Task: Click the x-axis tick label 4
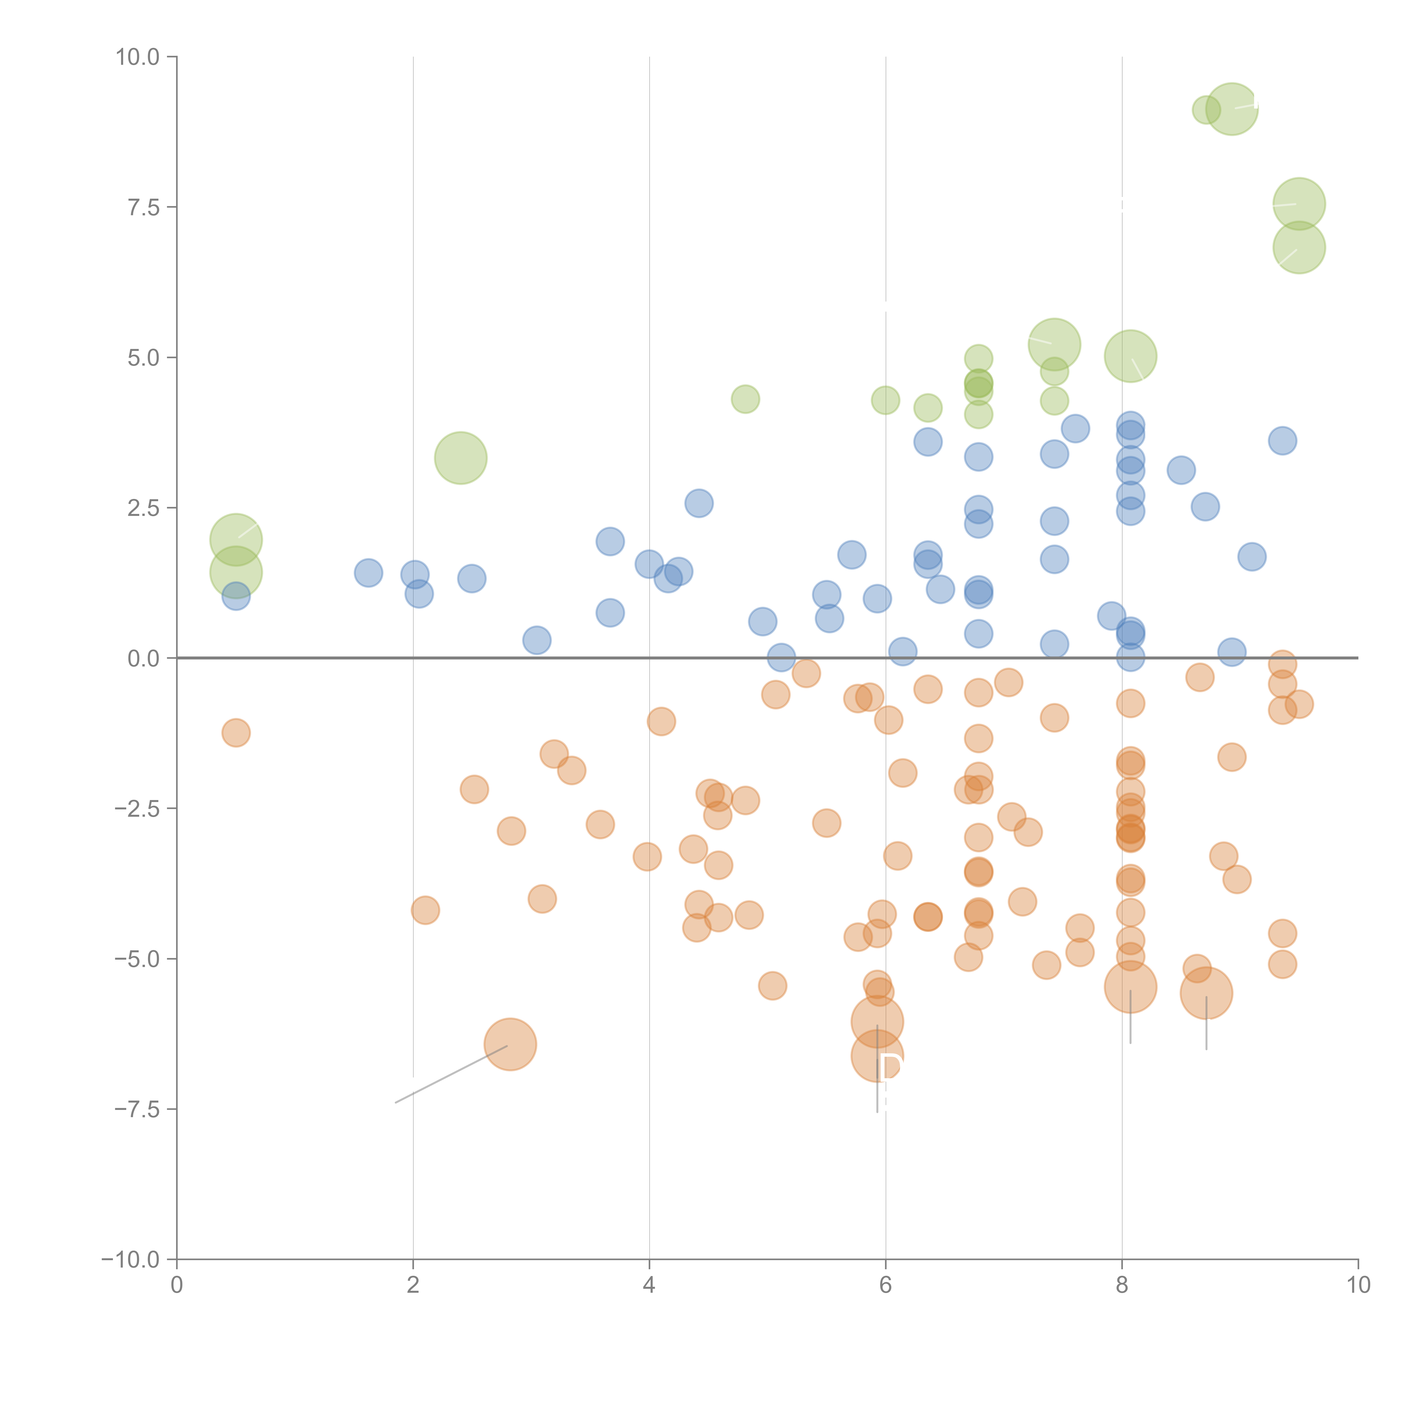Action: [649, 1285]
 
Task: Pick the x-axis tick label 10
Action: [1358, 1285]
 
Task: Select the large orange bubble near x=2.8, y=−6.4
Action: [511, 1044]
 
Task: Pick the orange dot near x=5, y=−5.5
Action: [773, 986]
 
